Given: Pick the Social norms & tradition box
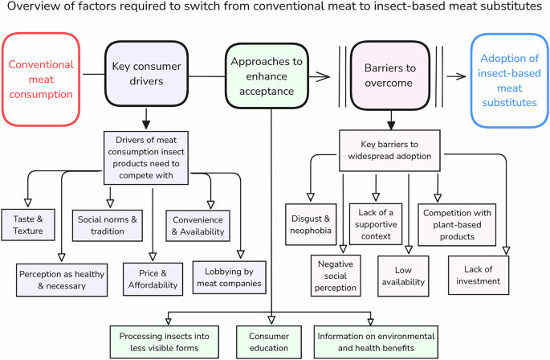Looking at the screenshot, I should click(x=107, y=224).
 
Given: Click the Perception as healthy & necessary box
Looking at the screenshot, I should click(x=63, y=275).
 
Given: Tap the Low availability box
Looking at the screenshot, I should click(x=407, y=275).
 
